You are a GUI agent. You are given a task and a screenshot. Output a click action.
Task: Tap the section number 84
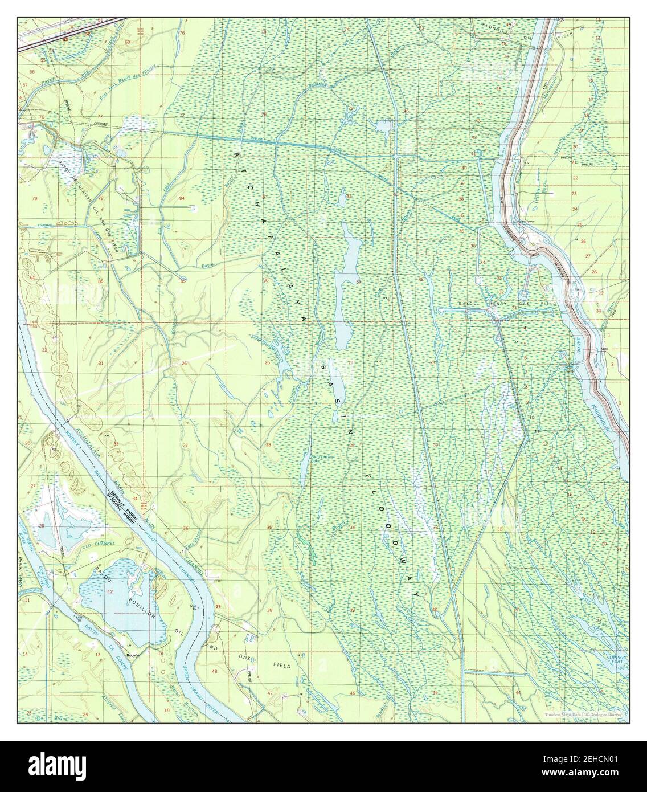coord(182,198)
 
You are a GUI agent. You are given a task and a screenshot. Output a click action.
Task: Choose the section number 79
coord(35,198)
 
